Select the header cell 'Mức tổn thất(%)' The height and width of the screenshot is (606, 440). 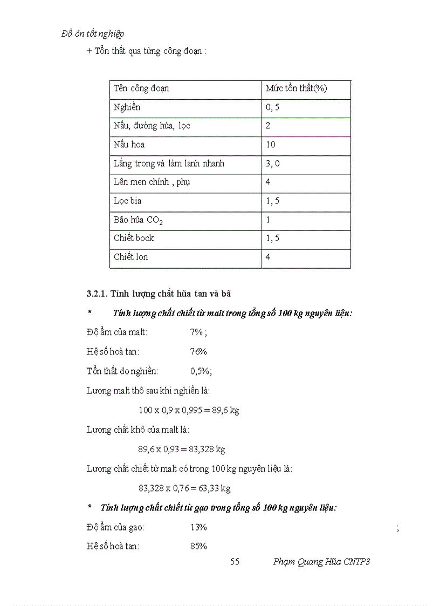296,88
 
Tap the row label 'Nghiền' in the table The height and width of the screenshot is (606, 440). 127,107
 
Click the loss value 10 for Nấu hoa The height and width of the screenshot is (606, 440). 271,145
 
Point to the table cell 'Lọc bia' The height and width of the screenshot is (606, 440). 128,201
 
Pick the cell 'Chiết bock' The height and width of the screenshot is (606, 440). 134,238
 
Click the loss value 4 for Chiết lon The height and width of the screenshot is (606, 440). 268,257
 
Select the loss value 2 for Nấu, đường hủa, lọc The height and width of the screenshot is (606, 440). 268,126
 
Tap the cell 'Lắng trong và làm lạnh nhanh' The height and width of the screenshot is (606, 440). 169,164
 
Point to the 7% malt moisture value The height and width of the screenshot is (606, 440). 196,332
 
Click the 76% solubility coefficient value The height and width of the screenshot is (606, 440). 198,352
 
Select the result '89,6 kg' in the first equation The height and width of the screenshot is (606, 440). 226,410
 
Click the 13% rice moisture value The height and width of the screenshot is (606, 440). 198,527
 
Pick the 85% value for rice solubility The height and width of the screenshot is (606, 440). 198,546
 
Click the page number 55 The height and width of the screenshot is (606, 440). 235,562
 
